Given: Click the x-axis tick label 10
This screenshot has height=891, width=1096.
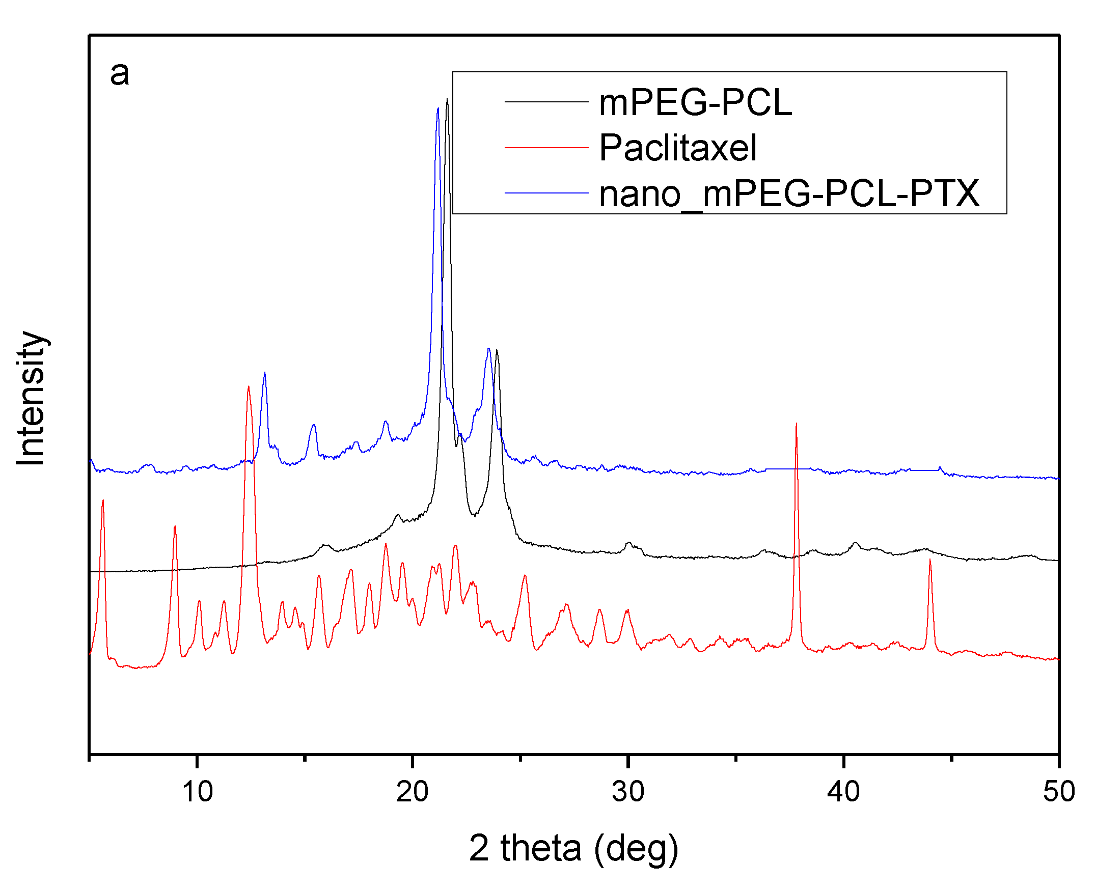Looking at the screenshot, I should pyautogui.click(x=197, y=791).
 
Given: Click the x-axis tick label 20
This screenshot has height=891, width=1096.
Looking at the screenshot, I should pyautogui.click(x=412, y=791).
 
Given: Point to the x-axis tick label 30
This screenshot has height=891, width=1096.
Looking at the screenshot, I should pyautogui.click(x=627, y=791).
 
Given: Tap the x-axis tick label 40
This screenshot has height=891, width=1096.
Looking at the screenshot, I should pyautogui.click(x=843, y=791).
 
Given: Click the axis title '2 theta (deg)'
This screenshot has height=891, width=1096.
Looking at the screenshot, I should pyautogui.click(x=573, y=848).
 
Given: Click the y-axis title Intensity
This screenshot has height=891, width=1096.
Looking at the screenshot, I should pyautogui.click(x=31, y=398).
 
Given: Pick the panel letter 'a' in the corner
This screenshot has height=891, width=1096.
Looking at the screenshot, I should pyautogui.click(x=119, y=73).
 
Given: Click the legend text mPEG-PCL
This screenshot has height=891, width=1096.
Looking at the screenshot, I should pyautogui.click(x=695, y=103).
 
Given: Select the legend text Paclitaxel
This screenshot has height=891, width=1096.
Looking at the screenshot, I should pyautogui.click(x=678, y=148).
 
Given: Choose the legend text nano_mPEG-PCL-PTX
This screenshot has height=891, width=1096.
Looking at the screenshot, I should pyautogui.click(x=789, y=193).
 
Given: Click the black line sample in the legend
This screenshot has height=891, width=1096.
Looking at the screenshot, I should pyautogui.click(x=545, y=102).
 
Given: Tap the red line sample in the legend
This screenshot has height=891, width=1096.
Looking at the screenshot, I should pyautogui.click(x=545, y=147).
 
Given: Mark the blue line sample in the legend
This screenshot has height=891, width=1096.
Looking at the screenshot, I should pyautogui.click(x=545, y=193).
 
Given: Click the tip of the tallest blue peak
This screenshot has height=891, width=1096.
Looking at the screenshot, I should pyautogui.click(x=437, y=108).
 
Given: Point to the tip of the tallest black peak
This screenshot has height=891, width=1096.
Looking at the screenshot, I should pyautogui.click(x=447, y=99).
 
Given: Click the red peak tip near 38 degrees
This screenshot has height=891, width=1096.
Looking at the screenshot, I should pyautogui.click(x=796, y=424).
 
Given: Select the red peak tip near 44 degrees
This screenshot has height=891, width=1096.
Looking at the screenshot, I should pyautogui.click(x=929, y=560).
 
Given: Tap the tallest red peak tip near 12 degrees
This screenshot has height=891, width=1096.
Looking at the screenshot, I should pyautogui.click(x=249, y=387).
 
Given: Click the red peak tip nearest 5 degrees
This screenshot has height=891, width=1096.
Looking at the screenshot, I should pyautogui.click(x=103, y=500).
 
